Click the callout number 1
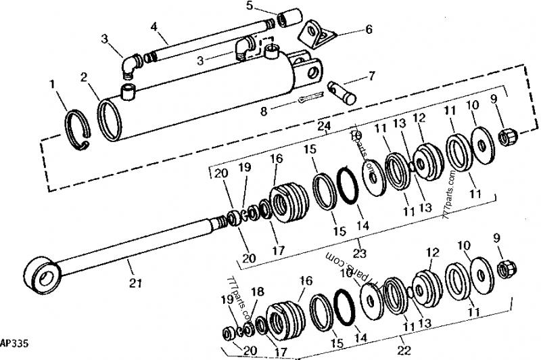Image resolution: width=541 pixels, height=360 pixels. (x=53, y=85)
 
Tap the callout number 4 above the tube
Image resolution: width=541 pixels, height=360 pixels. (x=154, y=28)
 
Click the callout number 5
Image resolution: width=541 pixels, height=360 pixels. (x=249, y=6)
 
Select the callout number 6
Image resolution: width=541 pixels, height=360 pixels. (x=369, y=30)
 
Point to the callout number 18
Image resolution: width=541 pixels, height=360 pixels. (x=256, y=291)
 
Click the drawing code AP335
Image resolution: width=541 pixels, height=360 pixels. (x=14, y=344)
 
